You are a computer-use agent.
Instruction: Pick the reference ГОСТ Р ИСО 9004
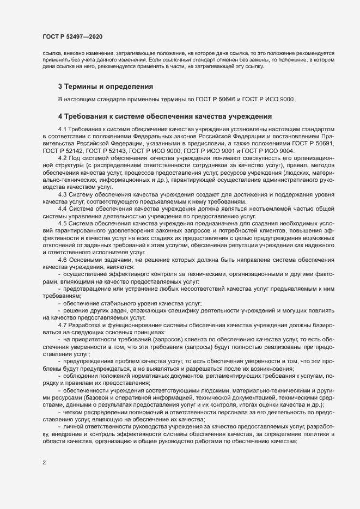click(286, 150)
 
